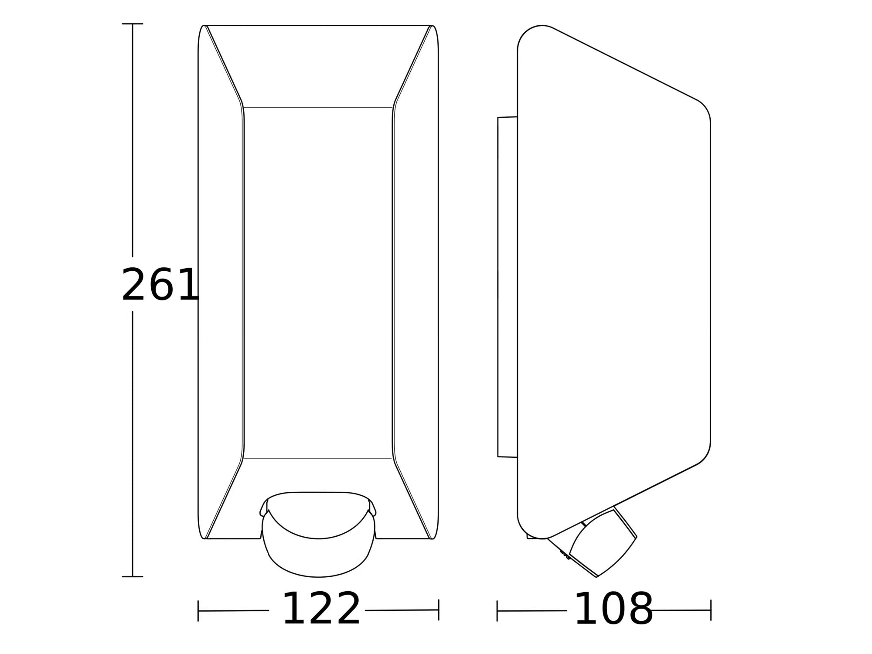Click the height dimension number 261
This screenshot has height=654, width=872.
[x=160, y=285]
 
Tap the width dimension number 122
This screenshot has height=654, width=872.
[x=321, y=609]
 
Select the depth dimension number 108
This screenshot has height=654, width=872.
[x=614, y=609]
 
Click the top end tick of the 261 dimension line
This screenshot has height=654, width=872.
[x=133, y=24]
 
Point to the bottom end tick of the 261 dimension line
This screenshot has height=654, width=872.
[x=133, y=576]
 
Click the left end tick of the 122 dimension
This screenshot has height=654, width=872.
[x=198, y=610]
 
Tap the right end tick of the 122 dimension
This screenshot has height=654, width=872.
[x=439, y=610]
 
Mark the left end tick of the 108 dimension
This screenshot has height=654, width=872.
[x=497, y=610]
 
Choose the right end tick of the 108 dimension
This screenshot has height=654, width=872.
[x=711, y=610]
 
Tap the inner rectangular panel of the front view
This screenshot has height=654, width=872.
[x=318, y=283]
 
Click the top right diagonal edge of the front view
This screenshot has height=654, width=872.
[x=413, y=63]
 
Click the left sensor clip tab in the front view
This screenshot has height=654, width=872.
[x=263, y=509]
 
